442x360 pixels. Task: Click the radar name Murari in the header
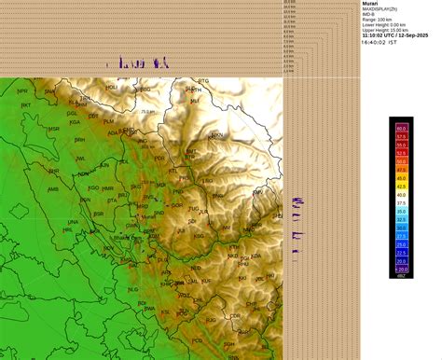click(x=371, y=4)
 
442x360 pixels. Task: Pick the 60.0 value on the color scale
click(x=401, y=128)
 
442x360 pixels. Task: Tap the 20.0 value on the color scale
click(x=401, y=267)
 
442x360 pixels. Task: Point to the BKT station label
click(x=26, y=105)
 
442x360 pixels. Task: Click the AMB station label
click(x=52, y=188)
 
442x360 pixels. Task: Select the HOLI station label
click(x=112, y=87)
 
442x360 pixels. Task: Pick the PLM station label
click(x=109, y=121)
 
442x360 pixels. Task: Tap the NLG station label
click(x=132, y=288)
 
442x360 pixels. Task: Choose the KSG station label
click(x=199, y=237)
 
